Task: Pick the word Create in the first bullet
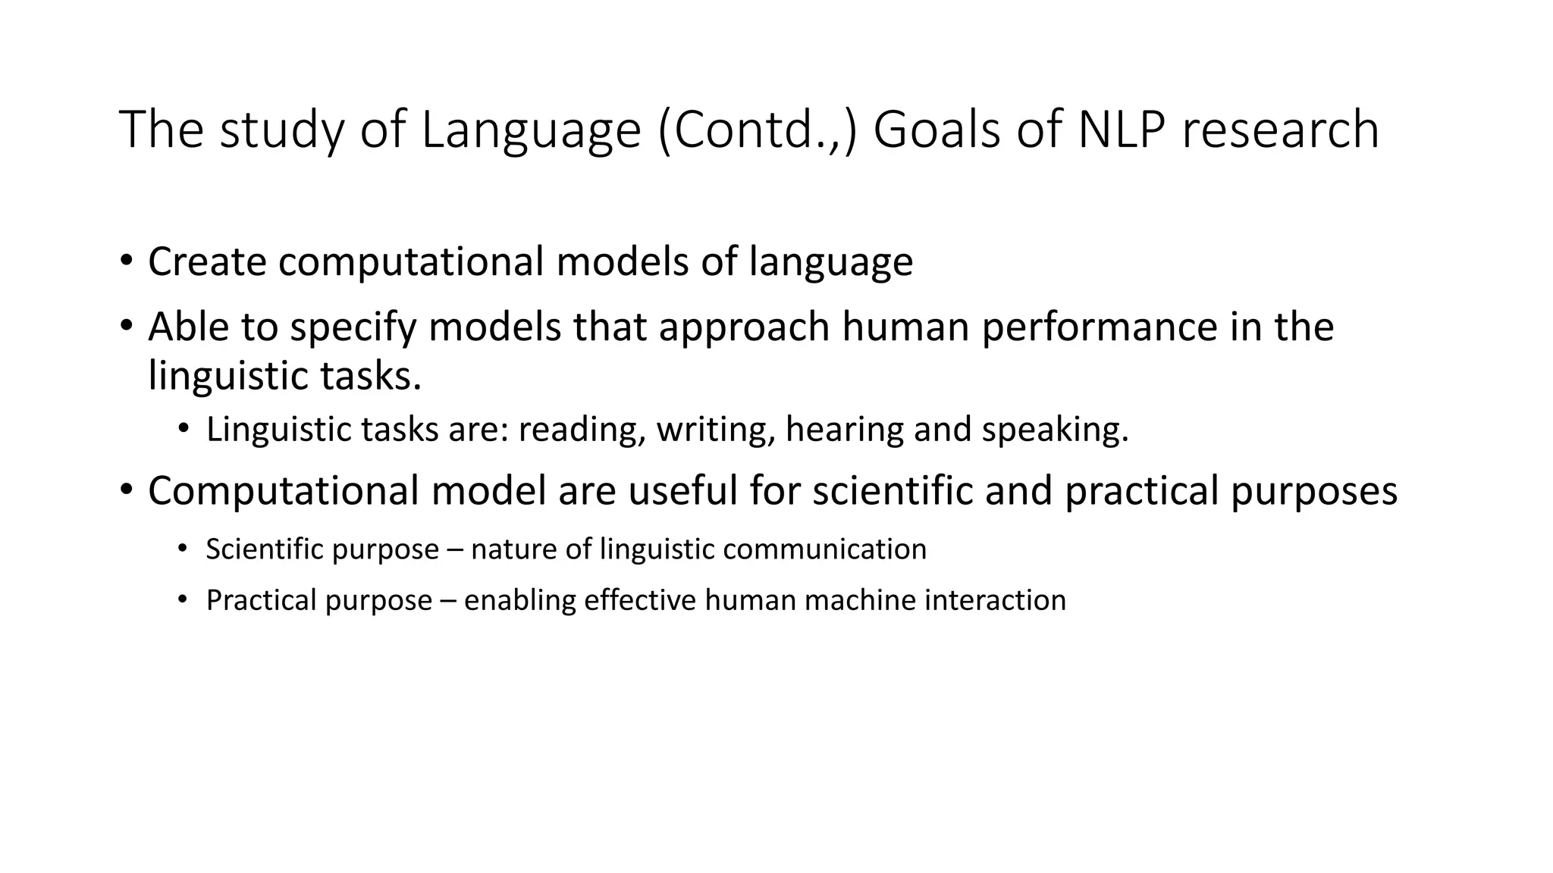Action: [207, 261]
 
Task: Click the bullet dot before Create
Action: [126, 260]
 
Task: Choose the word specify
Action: [353, 327]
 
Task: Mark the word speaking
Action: [1055, 430]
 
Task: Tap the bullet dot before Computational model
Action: [126, 489]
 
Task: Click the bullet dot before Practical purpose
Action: [182, 599]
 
